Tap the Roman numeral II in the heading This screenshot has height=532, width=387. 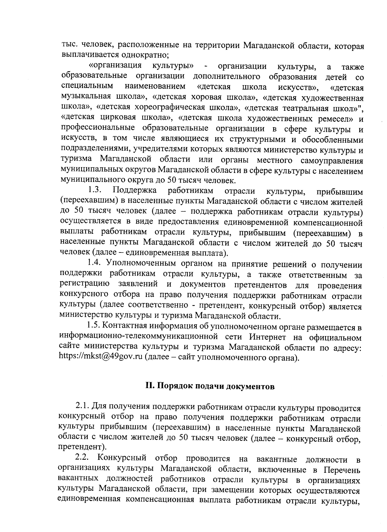pos(150,386)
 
